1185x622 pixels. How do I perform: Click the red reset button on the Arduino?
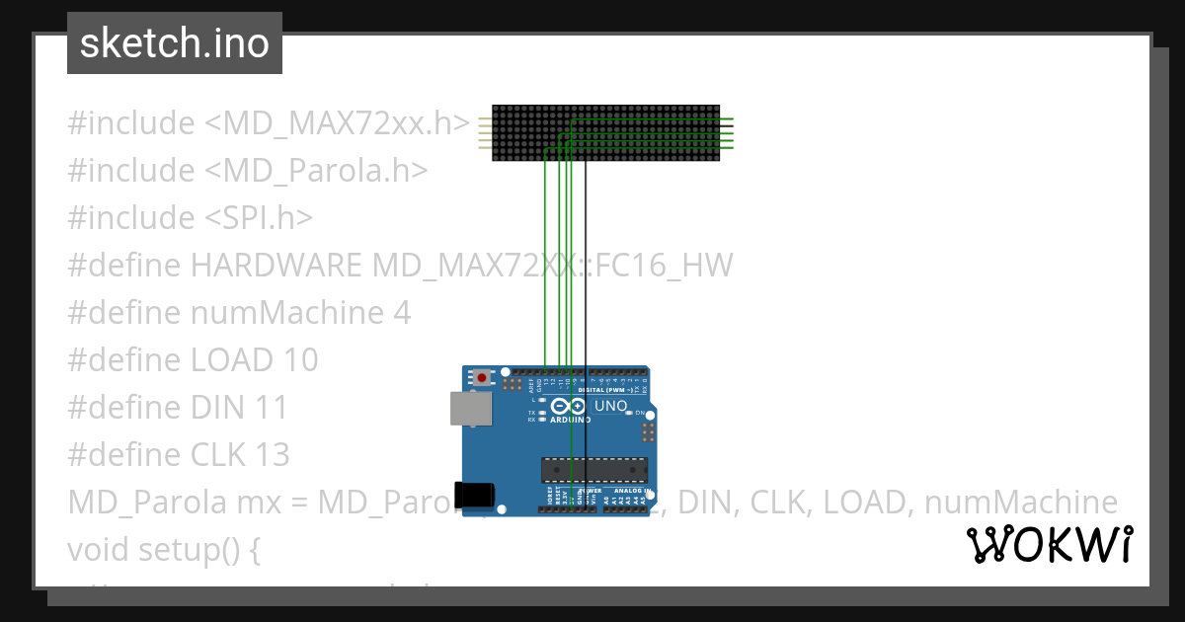tap(482, 377)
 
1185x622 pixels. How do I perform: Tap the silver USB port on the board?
tap(470, 408)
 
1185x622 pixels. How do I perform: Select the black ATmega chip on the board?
tap(593, 471)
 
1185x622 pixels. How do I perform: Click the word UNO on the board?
tap(610, 406)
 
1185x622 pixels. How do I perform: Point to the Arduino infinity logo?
tap(569, 406)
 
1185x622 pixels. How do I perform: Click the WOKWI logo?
tap(1049, 545)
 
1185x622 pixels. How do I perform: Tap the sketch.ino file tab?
tap(175, 43)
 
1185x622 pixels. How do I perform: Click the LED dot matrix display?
tap(605, 132)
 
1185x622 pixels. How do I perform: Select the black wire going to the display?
tap(587, 296)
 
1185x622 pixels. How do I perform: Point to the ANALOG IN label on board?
tap(633, 491)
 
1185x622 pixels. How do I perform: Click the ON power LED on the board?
tap(639, 413)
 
